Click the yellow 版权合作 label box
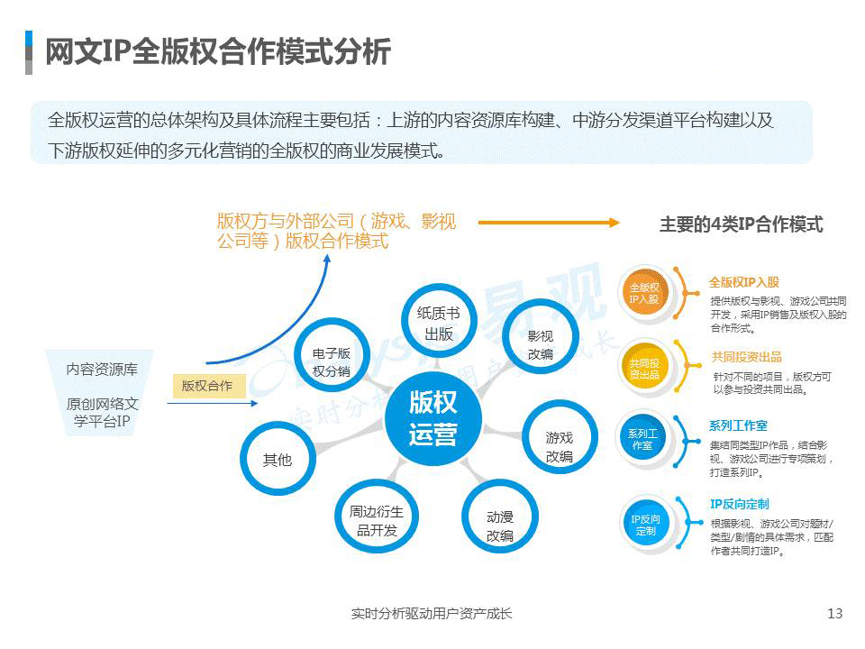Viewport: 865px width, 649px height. (x=209, y=386)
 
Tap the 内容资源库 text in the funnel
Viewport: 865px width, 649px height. (x=102, y=370)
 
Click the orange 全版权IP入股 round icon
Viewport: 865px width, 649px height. (x=643, y=293)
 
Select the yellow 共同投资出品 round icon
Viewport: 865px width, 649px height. (x=643, y=368)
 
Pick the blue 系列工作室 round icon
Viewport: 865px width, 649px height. (x=642, y=439)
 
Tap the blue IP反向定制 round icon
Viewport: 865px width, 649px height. (x=645, y=525)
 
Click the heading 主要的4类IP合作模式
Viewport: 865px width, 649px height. (x=741, y=224)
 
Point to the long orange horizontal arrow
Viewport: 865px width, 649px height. (x=549, y=223)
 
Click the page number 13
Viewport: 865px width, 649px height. (x=834, y=613)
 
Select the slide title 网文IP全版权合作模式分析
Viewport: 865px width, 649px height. (x=218, y=52)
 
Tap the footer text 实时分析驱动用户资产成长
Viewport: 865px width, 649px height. (x=432, y=613)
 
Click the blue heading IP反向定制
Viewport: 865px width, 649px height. (x=739, y=504)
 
